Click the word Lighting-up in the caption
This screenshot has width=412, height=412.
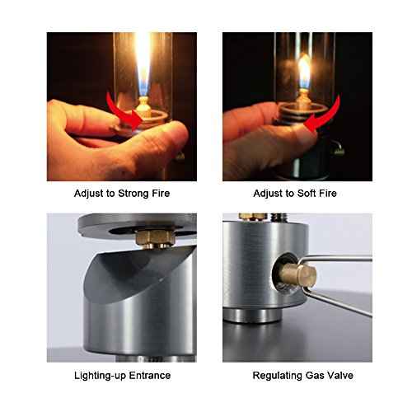94,375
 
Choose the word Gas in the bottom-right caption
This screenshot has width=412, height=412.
313,375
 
